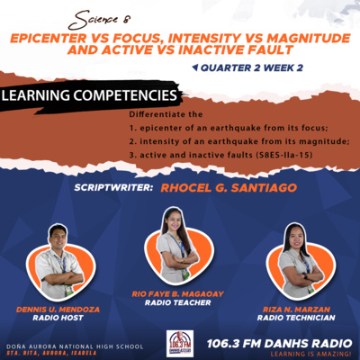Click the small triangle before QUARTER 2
(x=193, y=67)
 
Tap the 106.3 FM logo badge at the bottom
(x=180, y=343)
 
